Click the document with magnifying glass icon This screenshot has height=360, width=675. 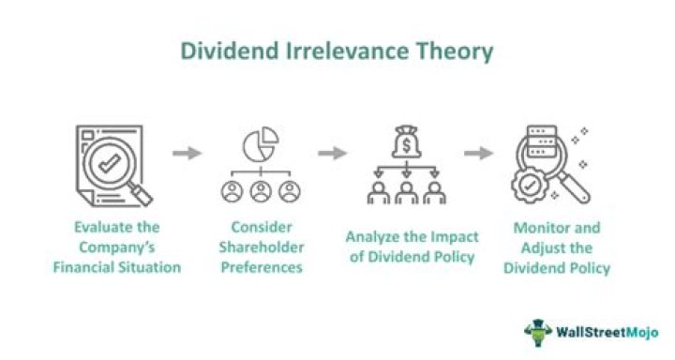[x=111, y=167]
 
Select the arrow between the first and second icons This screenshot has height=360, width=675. [x=187, y=153]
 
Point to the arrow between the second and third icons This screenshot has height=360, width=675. [x=333, y=153]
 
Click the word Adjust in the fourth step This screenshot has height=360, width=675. [x=536, y=247]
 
